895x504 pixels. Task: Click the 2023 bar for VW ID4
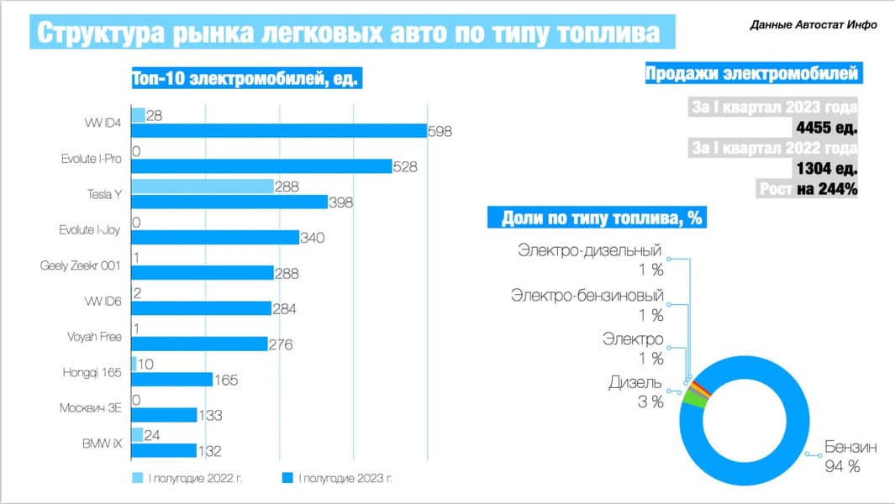tap(279, 130)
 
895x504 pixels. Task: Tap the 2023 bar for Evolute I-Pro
tap(261, 166)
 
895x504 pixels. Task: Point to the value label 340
tap(312, 238)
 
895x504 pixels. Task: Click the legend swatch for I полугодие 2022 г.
tap(138, 478)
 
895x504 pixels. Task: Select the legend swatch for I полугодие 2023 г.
tap(287, 478)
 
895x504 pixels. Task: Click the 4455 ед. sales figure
tap(825, 128)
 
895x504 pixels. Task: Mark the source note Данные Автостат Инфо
tap(813, 25)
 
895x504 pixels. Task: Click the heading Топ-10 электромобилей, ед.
tap(246, 79)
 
